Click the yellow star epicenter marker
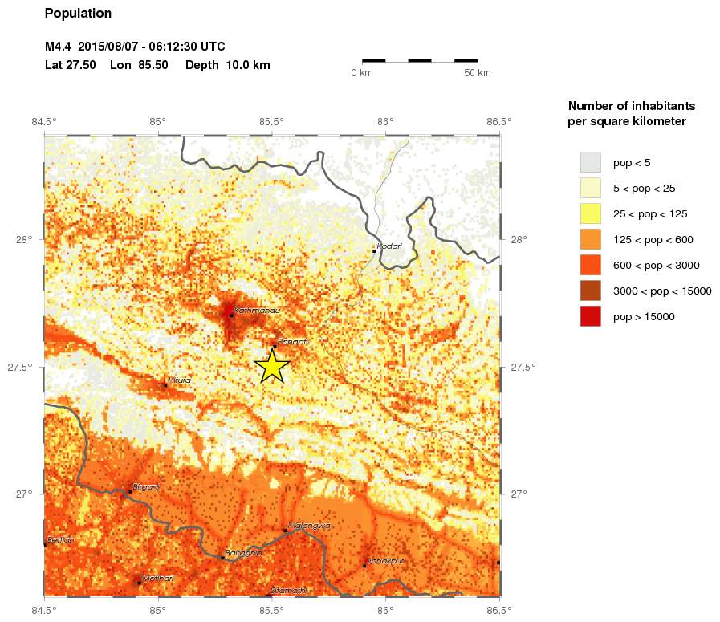272,366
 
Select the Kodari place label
389,246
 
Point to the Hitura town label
179,380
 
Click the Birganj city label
146,486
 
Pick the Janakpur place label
386,561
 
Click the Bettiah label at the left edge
60,540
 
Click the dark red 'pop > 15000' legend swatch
590,316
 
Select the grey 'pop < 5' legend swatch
590,162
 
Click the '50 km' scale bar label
478,73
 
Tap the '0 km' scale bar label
362,73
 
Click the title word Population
79,14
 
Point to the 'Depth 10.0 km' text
227,65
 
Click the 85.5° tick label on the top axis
272,122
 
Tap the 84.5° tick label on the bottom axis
44,611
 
